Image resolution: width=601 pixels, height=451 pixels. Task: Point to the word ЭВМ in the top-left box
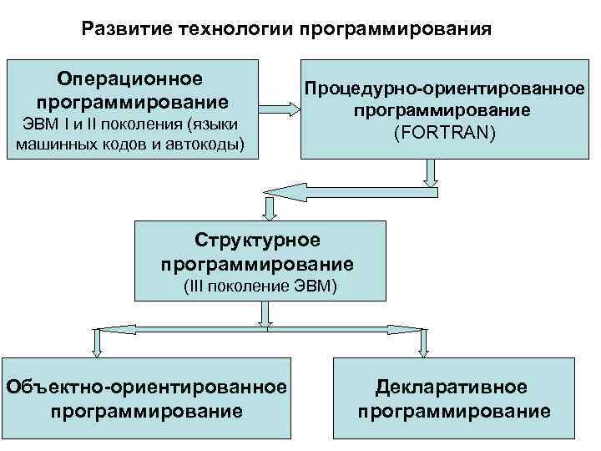[x=35, y=125]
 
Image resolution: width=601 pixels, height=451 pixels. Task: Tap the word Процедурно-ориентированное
[x=444, y=89]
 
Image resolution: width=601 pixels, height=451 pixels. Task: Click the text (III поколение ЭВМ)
[x=260, y=286]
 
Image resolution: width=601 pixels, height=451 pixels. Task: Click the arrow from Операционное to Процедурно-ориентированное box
[x=279, y=108]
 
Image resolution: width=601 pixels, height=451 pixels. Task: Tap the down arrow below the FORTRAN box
[x=431, y=173]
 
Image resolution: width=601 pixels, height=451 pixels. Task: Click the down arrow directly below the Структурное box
[x=265, y=314]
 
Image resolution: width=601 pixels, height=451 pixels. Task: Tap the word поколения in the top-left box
[x=140, y=125]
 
